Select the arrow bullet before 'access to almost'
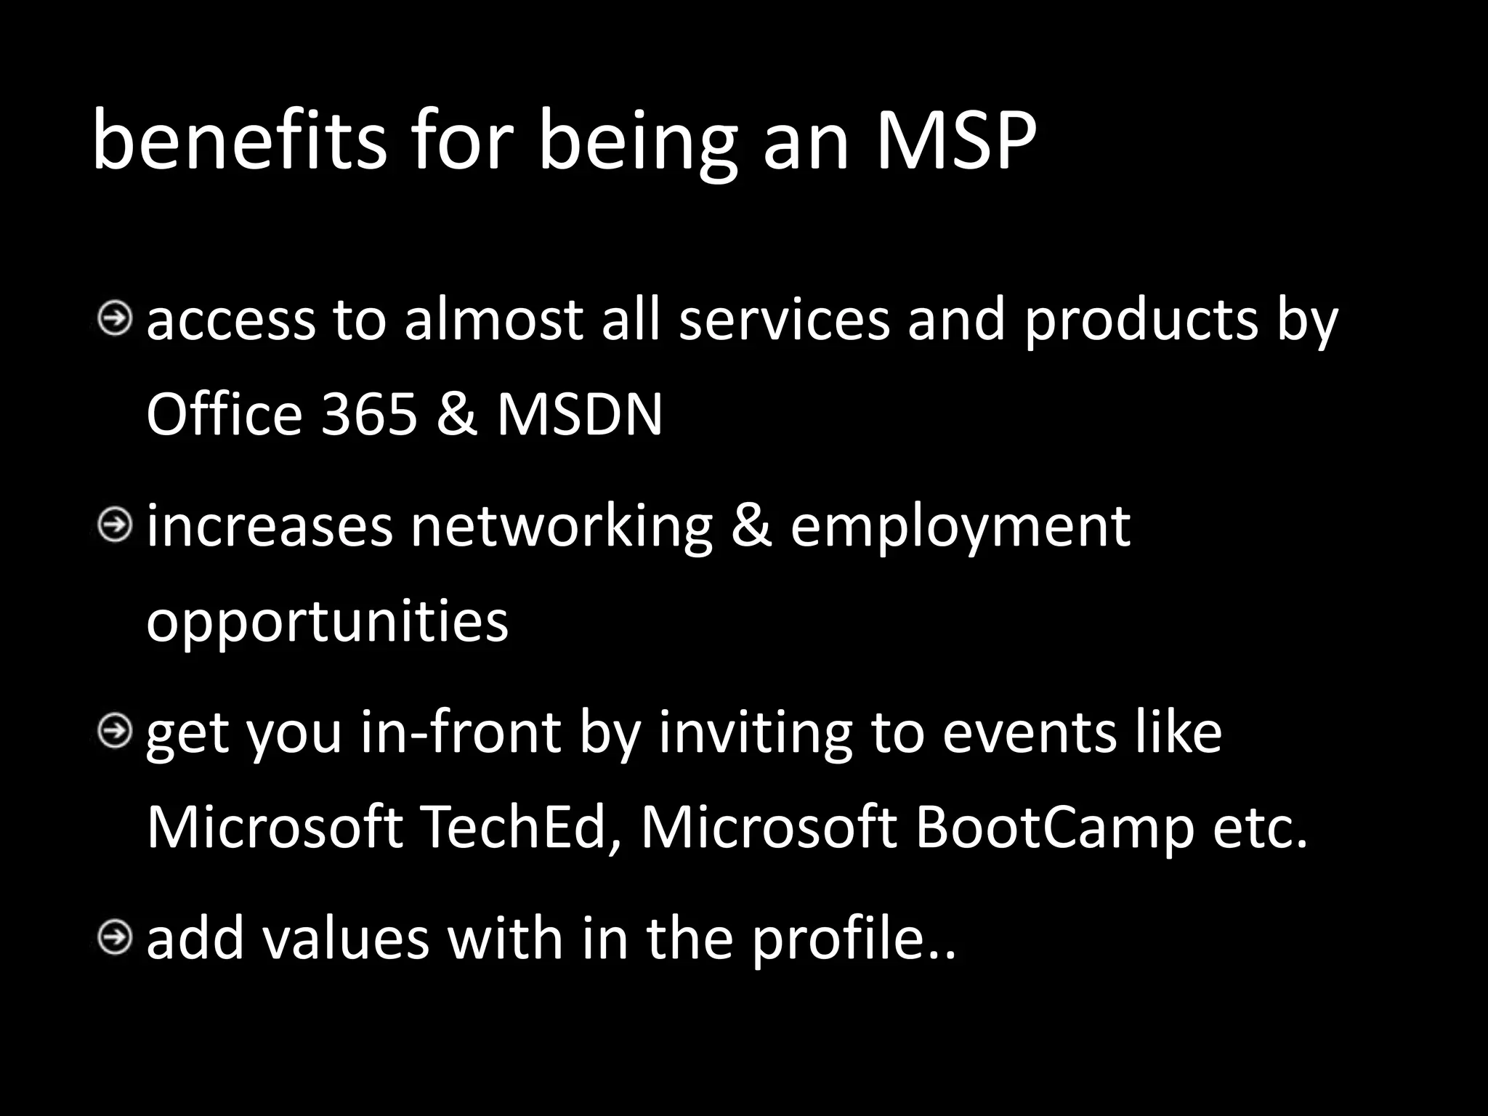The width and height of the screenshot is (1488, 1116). tap(115, 319)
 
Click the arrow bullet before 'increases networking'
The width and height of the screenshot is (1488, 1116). tap(115, 525)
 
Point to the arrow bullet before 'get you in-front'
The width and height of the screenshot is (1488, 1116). tap(115, 731)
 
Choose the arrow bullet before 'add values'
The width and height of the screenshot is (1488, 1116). tap(115, 937)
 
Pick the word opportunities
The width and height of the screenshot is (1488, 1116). tap(327, 623)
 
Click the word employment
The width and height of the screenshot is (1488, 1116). tap(960, 527)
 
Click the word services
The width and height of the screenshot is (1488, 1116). tap(784, 320)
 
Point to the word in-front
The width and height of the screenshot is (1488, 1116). tap(461, 732)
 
